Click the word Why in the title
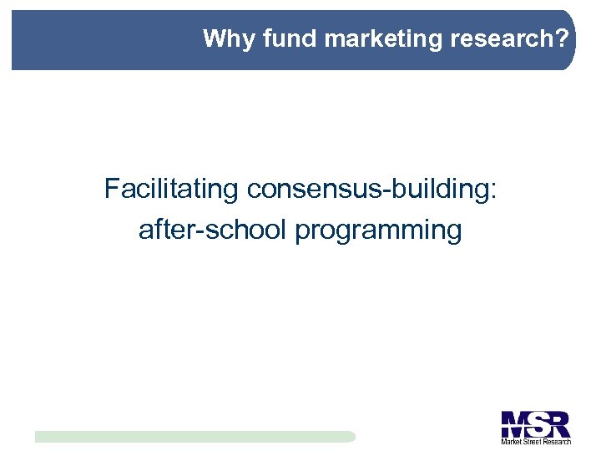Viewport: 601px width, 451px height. (221, 38)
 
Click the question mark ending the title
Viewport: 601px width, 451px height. (565, 38)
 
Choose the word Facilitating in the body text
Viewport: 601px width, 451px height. (171, 190)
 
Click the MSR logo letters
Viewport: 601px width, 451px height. (535, 423)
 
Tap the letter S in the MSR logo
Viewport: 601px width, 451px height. (537, 423)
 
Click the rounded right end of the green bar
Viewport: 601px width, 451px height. (351, 436)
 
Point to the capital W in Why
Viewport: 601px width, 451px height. (213, 38)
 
